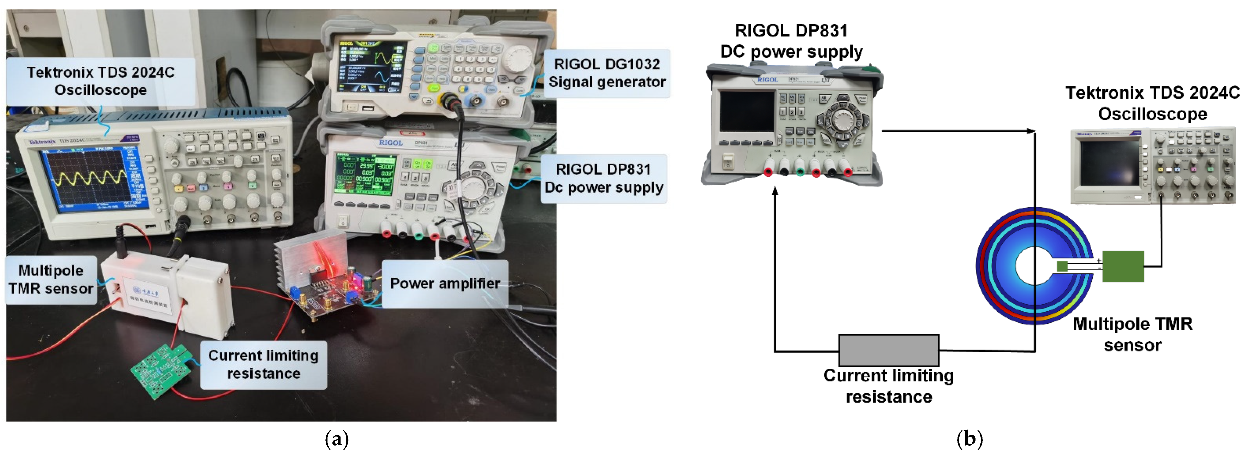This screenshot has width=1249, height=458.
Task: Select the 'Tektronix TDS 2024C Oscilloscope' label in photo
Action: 100,81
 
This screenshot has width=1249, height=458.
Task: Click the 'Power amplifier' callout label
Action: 444,283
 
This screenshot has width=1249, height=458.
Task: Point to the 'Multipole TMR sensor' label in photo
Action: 51,280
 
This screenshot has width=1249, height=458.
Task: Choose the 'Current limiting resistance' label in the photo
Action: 263,365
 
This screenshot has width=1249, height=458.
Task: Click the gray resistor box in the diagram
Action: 888,350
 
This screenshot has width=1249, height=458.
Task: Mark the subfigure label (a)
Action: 336,439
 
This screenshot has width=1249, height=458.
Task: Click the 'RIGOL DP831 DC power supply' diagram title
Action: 791,41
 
